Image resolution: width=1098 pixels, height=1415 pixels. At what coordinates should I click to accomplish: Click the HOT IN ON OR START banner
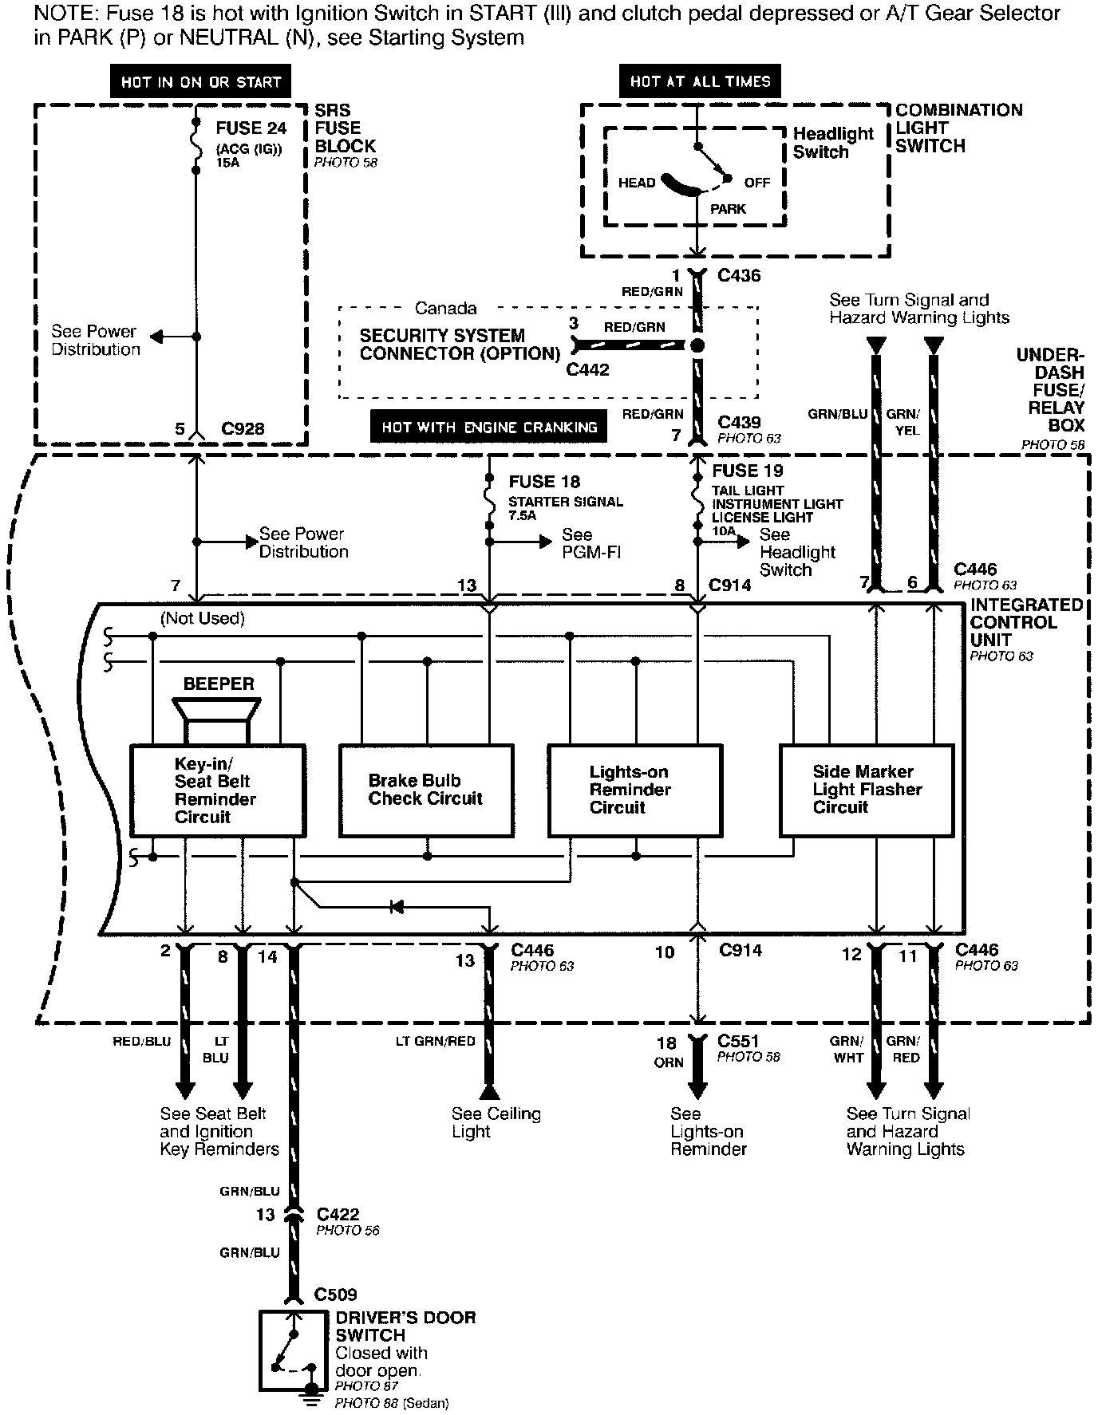[200, 82]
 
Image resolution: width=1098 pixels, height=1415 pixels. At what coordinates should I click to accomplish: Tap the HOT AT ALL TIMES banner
[700, 81]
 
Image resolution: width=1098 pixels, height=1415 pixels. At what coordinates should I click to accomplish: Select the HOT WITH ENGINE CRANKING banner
[489, 427]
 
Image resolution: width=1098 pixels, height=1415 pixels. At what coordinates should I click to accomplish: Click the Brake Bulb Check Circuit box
[426, 790]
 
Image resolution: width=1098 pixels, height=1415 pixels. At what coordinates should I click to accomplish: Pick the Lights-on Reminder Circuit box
[634, 790]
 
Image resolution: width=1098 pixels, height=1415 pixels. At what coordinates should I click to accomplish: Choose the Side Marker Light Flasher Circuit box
[867, 790]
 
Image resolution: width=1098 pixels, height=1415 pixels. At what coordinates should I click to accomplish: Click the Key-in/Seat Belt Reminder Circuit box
[218, 790]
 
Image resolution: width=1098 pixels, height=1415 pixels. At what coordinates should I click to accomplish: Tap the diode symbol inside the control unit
[397, 907]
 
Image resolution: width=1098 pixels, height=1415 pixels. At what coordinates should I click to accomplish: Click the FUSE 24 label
[251, 128]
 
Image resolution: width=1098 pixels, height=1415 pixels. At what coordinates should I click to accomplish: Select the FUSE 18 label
[544, 482]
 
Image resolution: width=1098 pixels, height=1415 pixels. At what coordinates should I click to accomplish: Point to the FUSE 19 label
[748, 471]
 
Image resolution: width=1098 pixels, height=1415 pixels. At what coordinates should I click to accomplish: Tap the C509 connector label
[335, 1295]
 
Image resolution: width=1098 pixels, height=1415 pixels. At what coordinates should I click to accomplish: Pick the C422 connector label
[338, 1215]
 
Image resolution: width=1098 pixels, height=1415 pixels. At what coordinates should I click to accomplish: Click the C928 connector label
[243, 429]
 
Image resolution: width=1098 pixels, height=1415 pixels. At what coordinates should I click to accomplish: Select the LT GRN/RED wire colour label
[435, 1041]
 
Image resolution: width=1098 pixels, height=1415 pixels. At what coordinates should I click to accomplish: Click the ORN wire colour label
[669, 1062]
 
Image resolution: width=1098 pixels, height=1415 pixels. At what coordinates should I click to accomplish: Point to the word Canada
[445, 309]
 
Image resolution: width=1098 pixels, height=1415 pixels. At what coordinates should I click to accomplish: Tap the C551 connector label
[738, 1041]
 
